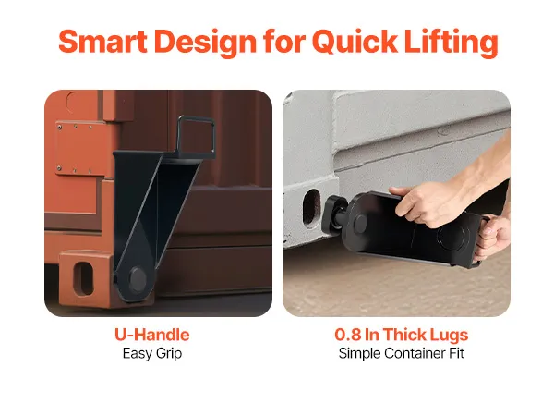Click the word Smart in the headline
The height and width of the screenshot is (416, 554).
click(102, 42)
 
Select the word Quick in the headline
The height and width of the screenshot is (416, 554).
click(355, 43)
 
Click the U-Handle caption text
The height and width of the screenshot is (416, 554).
click(152, 335)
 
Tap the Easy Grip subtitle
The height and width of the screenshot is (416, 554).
click(152, 353)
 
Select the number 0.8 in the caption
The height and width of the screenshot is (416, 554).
click(348, 335)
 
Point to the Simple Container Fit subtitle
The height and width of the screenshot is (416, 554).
click(402, 353)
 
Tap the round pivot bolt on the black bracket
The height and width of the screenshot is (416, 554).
click(138, 279)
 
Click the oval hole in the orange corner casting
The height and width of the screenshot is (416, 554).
click(83, 278)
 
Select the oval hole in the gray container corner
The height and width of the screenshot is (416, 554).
click(312, 208)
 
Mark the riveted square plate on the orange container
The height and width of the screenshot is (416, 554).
click(77, 148)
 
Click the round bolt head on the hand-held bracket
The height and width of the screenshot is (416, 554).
click(360, 223)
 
